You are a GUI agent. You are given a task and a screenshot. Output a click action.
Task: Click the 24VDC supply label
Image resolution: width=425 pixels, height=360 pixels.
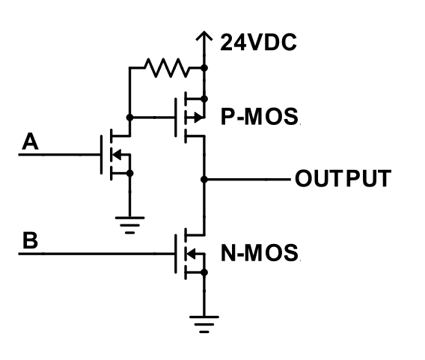[259, 43]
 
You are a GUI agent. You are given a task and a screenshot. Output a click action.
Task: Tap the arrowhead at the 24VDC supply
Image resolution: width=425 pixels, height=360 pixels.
[204, 36]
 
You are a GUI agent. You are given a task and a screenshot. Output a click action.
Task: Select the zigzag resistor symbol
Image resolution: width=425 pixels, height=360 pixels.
[166, 67]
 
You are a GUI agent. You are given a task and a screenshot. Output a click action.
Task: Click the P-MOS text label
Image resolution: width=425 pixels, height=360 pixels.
[260, 117]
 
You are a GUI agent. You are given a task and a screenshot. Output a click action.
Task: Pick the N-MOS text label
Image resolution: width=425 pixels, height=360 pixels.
[260, 253]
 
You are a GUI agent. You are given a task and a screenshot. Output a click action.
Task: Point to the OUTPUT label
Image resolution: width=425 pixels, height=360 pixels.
[343, 178]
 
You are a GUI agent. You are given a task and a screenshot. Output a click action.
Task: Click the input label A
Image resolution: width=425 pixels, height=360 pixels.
[30, 141]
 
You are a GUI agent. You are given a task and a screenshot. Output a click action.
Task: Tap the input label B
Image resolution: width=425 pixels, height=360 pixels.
[30, 240]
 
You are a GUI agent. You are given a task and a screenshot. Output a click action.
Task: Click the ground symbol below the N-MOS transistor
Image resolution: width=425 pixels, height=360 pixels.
[204, 324]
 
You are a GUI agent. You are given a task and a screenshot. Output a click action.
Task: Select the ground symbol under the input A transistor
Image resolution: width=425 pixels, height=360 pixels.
[130, 225]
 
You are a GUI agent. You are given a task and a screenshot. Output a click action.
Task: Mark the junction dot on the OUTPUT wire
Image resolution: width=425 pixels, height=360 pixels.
[204, 180]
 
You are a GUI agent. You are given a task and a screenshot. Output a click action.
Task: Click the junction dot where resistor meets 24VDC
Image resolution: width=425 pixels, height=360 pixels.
[204, 67]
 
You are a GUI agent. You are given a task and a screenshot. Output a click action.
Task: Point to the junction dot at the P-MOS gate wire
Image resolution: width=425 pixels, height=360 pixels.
[130, 118]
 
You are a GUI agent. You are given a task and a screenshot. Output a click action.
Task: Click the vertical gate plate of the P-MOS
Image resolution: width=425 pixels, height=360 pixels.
[176, 118]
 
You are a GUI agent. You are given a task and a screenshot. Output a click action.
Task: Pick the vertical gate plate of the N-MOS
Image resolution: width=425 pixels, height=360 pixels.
[176, 254]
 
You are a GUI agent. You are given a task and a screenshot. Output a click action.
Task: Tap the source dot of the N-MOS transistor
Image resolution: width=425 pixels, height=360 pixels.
[204, 272]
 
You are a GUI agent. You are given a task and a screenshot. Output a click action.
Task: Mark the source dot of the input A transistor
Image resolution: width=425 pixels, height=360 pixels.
[130, 173]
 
